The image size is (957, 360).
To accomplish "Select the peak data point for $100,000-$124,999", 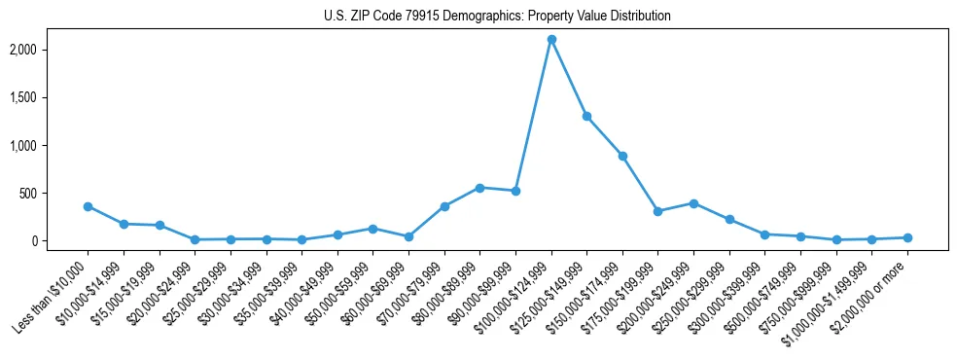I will tap(551, 40).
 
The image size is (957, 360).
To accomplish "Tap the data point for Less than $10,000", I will tap(88, 206).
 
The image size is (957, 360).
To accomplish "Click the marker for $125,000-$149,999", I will tap(586, 116).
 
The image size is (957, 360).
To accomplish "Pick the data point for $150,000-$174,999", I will tap(622, 156).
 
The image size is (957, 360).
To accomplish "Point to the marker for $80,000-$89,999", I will tap(479, 188).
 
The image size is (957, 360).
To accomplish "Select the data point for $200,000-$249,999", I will tap(693, 203).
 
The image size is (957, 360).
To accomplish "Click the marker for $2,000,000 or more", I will tap(907, 237).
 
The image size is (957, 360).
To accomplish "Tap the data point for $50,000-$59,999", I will tap(372, 229).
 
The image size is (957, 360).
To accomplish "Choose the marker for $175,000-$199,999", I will tap(658, 211).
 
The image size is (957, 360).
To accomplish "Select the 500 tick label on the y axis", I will tap(54, 193).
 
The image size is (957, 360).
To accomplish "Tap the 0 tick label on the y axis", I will tap(60, 240).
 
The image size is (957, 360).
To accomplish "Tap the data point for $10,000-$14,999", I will tap(124, 224).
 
